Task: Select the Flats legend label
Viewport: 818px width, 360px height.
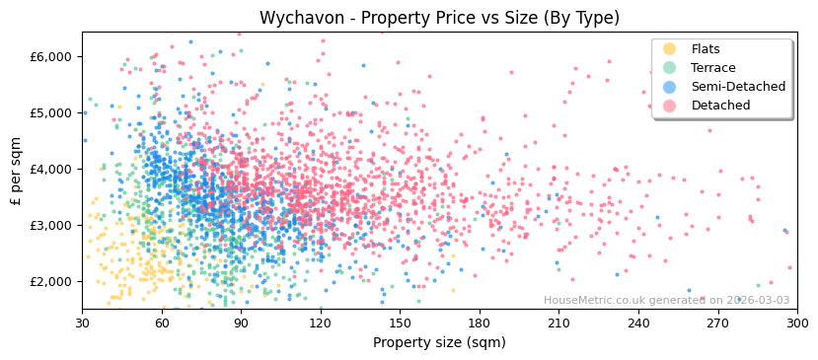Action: coord(706,49)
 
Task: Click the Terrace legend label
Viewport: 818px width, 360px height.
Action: coord(712,68)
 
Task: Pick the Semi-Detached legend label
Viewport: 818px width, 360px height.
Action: coord(738,87)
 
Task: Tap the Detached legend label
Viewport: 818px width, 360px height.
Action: coord(720,106)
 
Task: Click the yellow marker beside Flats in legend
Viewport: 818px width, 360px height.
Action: coord(669,49)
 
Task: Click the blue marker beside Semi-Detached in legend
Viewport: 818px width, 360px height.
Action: coord(669,87)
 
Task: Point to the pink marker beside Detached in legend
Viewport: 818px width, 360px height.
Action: coord(669,106)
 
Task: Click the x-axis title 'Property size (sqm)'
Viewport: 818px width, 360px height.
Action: coord(439,343)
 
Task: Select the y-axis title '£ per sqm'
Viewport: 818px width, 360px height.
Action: coord(16,170)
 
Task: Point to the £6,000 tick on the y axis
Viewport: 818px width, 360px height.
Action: coord(51,57)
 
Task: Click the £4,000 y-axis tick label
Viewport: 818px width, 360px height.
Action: coord(51,170)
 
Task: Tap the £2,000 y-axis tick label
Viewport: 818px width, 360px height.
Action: coord(51,282)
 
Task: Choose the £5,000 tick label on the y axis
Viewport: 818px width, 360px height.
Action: coord(51,113)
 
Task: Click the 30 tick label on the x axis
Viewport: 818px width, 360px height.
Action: coord(82,323)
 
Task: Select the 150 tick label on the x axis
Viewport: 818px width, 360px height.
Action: coord(400,323)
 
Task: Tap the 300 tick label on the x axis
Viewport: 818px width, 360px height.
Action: coord(797,323)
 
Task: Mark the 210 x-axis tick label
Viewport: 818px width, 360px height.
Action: coord(558,323)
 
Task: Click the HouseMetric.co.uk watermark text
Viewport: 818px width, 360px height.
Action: coord(666,301)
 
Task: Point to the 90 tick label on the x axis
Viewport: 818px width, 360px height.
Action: coord(241,323)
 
